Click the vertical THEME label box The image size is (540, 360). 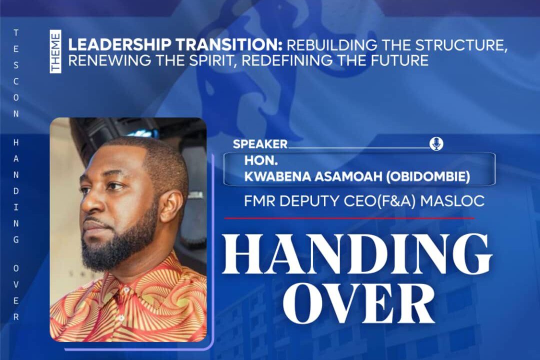tap(55, 51)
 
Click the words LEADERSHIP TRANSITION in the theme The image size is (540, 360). tap(175, 45)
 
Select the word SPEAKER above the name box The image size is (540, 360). tap(260, 144)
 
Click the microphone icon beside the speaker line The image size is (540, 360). tap(436, 144)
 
